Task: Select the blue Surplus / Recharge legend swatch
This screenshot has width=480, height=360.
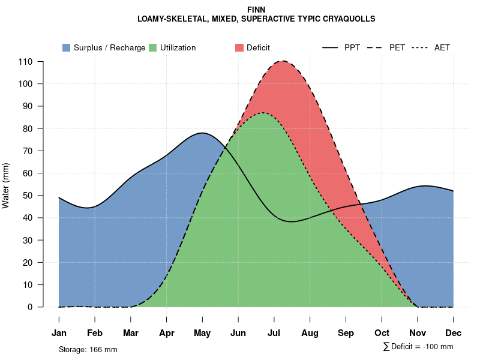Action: point(66,47)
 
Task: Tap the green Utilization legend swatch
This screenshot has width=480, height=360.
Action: point(152,47)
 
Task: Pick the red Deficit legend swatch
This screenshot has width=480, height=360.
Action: point(239,47)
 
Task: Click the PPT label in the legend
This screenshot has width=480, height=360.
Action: point(352,47)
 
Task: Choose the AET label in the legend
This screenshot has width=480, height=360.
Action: point(442,47)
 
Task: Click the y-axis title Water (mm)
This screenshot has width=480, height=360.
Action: point(6,185)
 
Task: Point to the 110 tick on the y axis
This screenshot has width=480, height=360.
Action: point(25,62)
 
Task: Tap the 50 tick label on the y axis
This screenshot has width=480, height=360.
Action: point(28,196)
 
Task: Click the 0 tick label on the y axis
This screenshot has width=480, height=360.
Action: point(30,307)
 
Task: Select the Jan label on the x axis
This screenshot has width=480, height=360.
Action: point(59,333)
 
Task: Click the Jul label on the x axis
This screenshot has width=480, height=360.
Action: point(274,333)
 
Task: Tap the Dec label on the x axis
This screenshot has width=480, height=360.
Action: point(454,333)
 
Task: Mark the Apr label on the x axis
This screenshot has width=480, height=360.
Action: point(167,333)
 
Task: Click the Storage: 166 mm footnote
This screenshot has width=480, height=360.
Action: point(88,349)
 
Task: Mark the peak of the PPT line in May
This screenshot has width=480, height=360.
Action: point(202,133)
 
